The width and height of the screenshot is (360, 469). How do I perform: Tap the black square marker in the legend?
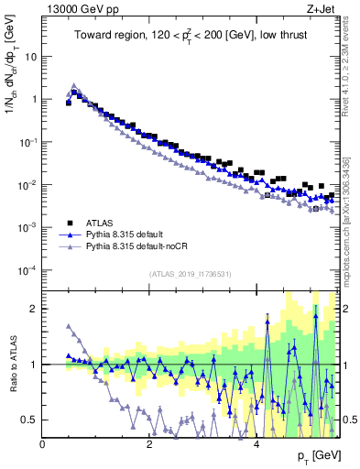[x=70, y=223]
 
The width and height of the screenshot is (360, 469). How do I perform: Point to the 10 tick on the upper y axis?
[x=33, y=56]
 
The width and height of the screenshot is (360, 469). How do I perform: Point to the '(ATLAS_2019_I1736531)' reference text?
[x=189, y=273]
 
